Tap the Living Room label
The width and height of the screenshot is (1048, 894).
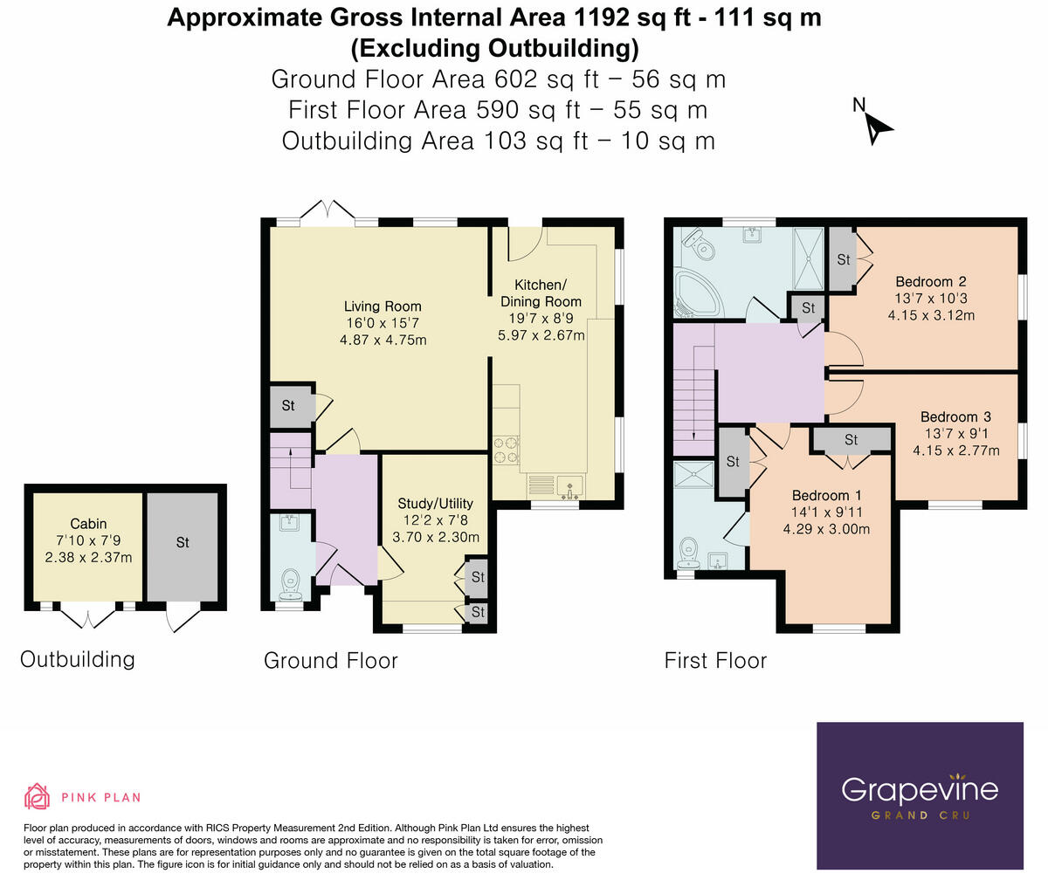pos(383,306)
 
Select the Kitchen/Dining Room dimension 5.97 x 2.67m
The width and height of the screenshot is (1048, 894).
pos(541,335)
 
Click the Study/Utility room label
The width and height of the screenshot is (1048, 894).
pos(435,503)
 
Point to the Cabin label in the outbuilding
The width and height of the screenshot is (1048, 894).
pos(88,524)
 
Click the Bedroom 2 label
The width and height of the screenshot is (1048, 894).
pos(931,281)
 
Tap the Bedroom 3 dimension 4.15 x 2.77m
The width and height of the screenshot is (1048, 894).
pos(956,450)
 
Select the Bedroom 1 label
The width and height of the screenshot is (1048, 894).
pos(826,495)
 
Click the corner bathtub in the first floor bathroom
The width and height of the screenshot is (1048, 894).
pos(696,294)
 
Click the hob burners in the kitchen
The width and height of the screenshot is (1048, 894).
pos(506,450)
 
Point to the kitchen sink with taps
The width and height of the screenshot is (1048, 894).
pos(570,487)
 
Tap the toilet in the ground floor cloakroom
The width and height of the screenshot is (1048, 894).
pos(291,584)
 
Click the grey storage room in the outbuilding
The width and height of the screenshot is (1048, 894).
pos(183,547)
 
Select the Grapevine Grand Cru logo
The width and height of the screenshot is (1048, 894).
pos(920,795)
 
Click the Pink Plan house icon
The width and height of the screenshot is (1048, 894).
pos(37,796)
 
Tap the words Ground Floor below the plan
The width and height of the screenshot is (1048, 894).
pos(331,661)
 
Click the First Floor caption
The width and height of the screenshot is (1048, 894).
pos(715,661)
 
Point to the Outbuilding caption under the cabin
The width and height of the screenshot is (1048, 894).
pos(78,659)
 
